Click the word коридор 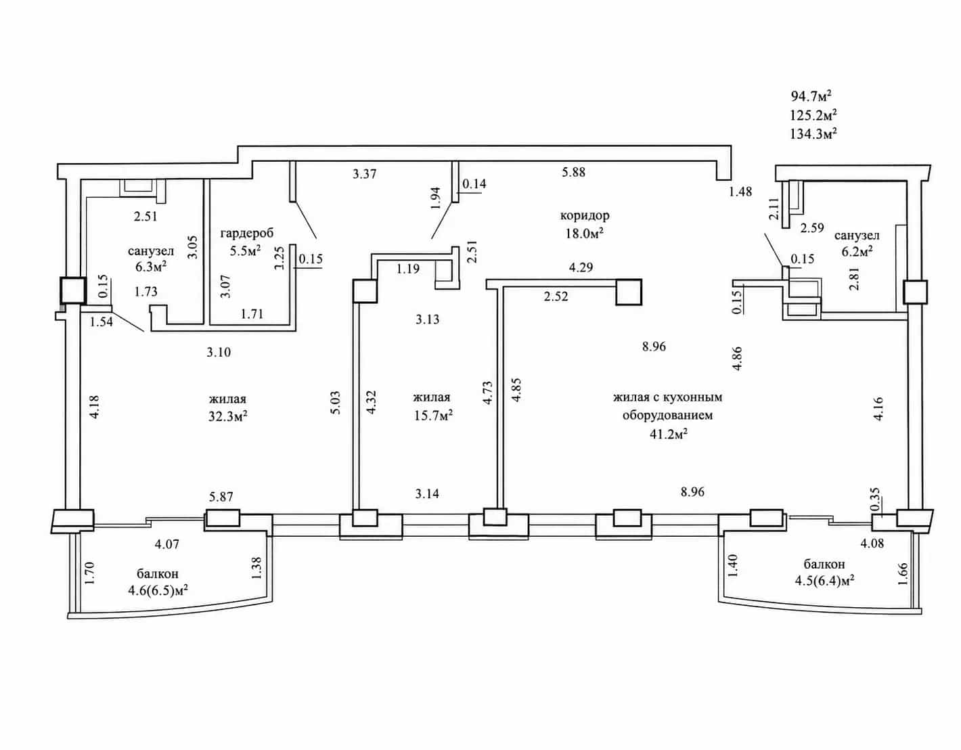[x=585, y=215]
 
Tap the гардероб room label [x=247, y=233]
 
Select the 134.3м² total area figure [x=813, y=133]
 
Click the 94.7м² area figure [x=811, y=95]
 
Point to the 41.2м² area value [x=668, y=435]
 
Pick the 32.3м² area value [x=227, y=416]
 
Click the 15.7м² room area [x=433, y=416]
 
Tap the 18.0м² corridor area [x=585, y=234]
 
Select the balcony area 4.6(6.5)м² [x=158, y=590]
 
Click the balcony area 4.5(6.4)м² [x=824, y=581]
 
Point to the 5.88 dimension [x=574, y=172]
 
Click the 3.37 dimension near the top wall [x=364, y=174]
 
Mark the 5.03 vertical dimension [x=335, y=402]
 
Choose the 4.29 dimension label [x=581, y=267]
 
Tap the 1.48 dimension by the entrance [x=741, y=192]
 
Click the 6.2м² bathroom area [x=857, y=252]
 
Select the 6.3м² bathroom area [x=150, y=267]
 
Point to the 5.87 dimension [x=221, y=497]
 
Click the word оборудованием [x=668, y=416]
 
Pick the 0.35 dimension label [x=875, y=500]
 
